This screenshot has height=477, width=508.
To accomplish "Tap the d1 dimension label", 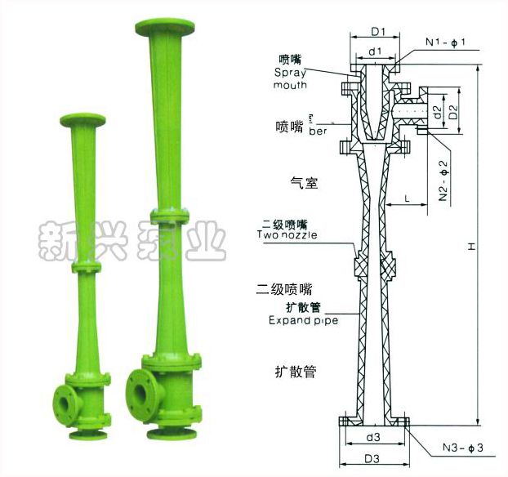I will tap(375, 52).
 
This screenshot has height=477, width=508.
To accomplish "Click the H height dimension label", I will tap(471, 244).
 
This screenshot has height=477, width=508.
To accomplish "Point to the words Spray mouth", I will tap(291, 78).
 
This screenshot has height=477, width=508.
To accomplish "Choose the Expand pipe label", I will tap(303, 320).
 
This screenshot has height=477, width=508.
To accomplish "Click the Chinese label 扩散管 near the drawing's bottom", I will tap(295, 372).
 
